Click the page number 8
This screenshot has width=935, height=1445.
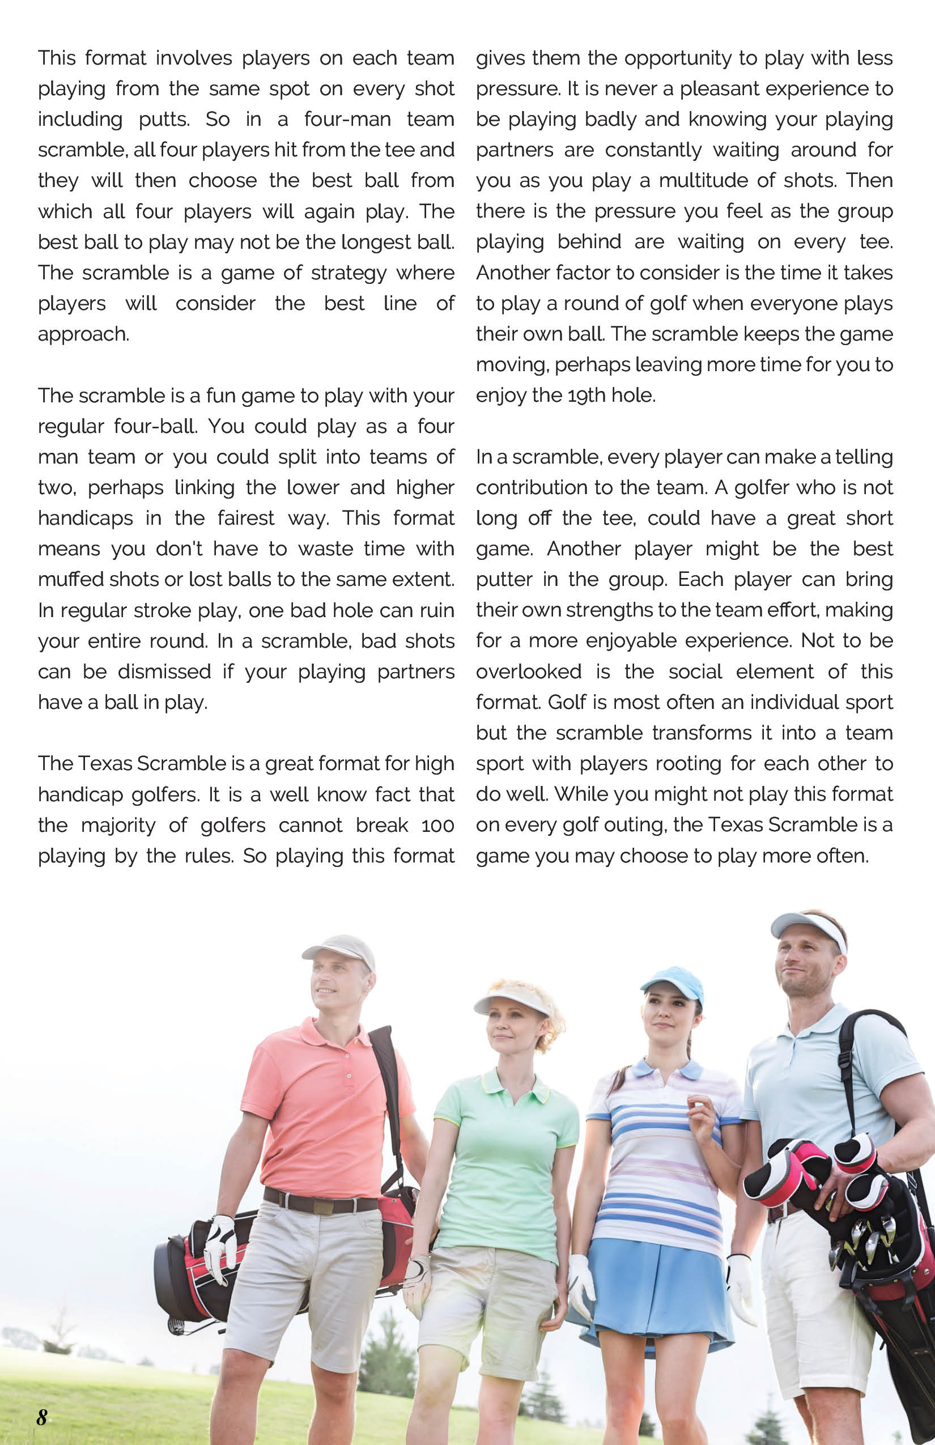click(42, 1417)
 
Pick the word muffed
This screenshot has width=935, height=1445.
click(66, 579)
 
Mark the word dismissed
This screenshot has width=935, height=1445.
click(164, 671)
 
